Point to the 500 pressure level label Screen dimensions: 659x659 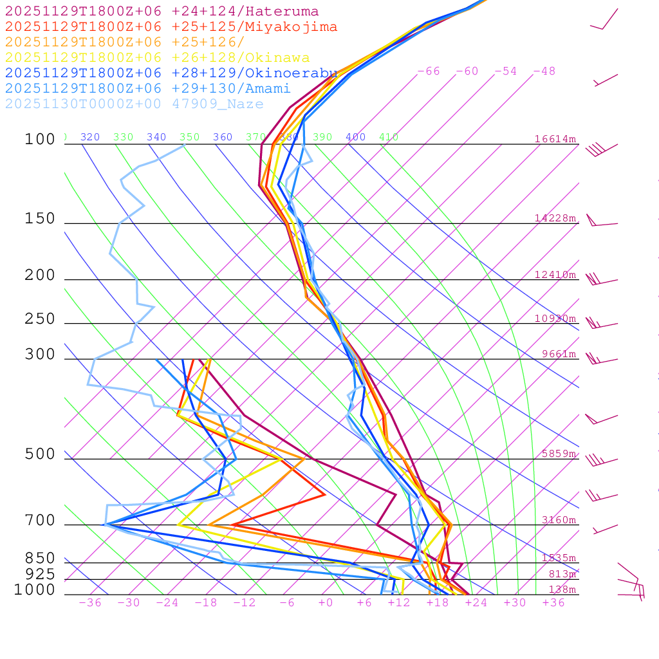(40, 454)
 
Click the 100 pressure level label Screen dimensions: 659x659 (40, 139)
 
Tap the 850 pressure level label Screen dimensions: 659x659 (40, 558)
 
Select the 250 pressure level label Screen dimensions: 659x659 (40, 319)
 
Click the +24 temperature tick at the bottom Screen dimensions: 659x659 (476, 602)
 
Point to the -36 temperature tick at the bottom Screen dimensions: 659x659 (89, 602)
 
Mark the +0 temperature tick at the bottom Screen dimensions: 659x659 (325, 602)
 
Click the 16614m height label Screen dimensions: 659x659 (555, 139)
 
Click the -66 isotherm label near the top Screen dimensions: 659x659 (428, 71)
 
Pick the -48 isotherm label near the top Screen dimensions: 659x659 (544, 71)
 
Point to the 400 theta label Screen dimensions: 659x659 (355, 137)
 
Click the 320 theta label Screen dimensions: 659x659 (90, 137)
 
